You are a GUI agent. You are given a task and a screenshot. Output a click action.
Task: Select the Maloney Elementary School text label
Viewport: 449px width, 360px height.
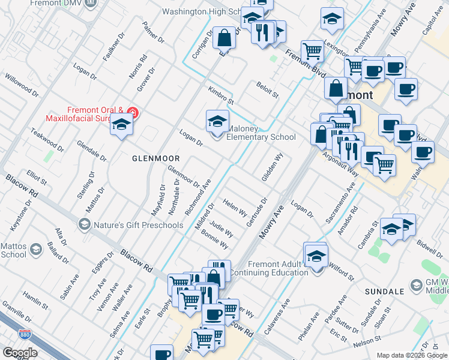261,133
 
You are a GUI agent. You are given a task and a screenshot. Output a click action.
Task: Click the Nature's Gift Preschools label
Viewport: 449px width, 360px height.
138,225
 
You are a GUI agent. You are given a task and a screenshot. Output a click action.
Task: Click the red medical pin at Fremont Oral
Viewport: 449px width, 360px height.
133,113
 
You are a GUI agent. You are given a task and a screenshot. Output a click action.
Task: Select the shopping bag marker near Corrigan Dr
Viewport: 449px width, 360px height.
224,38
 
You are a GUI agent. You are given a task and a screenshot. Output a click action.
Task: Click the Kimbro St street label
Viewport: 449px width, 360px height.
220,94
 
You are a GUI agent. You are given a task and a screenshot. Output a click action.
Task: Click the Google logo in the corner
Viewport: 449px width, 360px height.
20,353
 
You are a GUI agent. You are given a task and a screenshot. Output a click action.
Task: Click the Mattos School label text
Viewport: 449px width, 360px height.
14,250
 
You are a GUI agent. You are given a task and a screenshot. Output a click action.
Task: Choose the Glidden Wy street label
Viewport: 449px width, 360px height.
272,167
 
